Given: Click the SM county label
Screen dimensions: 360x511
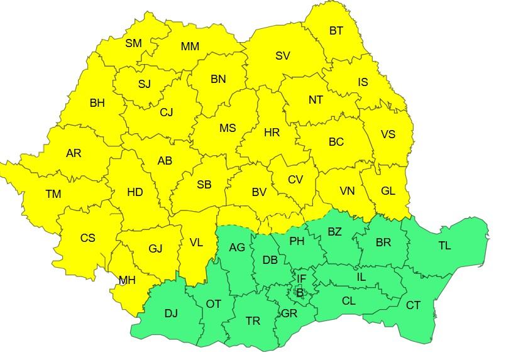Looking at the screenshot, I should [x=133, y=43].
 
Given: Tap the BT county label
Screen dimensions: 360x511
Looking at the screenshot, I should [x=336, y=30].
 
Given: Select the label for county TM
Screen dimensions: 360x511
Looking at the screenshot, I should [x=53, y=194].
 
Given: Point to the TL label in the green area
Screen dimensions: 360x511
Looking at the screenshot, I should [x=444, y=246].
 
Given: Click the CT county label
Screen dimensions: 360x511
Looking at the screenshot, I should [x=413, y=305].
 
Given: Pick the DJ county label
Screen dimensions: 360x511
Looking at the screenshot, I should [x=171, y=314].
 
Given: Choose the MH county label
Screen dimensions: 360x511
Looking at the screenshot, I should [x=127, y=280].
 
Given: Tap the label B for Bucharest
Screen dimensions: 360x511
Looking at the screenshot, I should [x=300, y=292].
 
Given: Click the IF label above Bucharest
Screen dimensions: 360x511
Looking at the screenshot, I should [x=302, y=278].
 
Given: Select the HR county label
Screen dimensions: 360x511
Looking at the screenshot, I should [x=272, y=133].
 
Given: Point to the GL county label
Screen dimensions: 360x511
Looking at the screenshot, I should [x=388, y=191].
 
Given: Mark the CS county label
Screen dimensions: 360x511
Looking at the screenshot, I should [x=88, y=238].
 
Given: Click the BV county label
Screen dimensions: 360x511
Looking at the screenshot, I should [x=259, y=193].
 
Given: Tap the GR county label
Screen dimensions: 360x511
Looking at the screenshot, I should [x=289, y=313].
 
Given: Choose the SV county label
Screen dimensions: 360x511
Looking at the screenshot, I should [x=282, y=56].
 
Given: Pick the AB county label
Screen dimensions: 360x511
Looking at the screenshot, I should [x=165, y=161].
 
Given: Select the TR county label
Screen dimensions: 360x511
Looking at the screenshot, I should [x=253, y=320].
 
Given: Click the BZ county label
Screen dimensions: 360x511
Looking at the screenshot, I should [x=334, y=232].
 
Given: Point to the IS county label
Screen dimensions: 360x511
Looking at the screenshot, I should [x=363, y=82].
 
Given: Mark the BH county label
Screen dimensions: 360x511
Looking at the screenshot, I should [x=97, y=103].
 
